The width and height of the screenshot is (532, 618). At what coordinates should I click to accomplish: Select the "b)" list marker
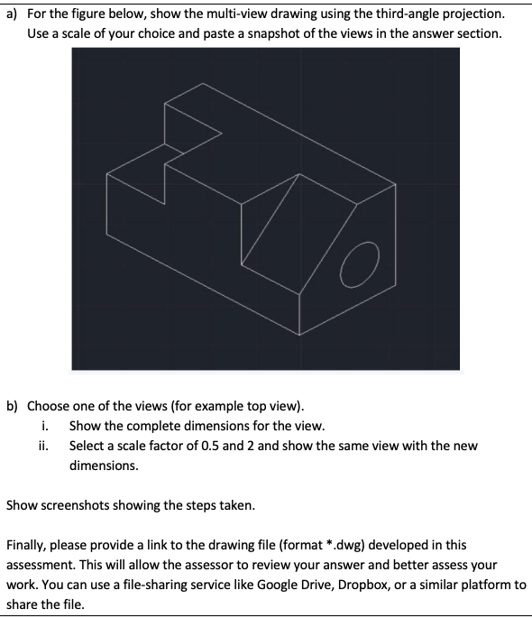point(13,406)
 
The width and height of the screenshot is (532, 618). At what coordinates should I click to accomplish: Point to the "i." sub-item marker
point(46,426)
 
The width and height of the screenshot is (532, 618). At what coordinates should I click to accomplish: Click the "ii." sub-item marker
point(48,446)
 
